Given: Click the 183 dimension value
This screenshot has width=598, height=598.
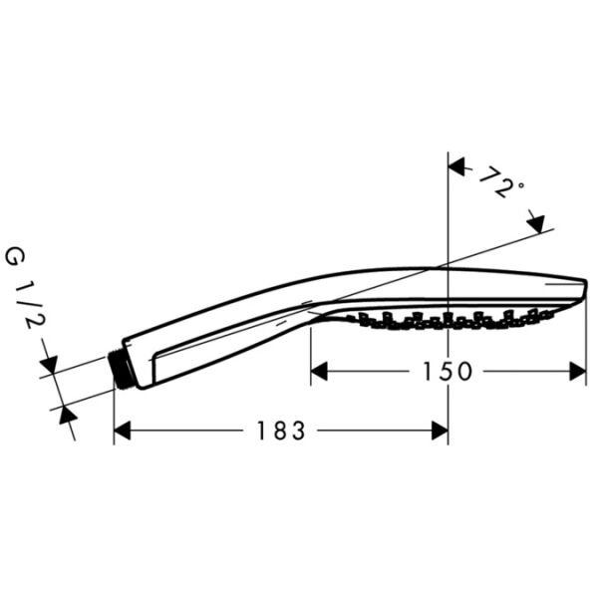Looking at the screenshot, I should point(280,431).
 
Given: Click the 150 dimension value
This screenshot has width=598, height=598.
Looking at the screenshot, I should point(446,372).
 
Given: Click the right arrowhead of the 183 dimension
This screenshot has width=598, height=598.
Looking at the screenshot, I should point(439,431).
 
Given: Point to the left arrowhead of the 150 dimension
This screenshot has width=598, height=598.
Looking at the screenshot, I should point(320,372).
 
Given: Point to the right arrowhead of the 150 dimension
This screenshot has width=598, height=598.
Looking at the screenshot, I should point(577,372).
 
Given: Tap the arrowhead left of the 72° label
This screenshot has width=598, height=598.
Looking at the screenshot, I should point(458,167).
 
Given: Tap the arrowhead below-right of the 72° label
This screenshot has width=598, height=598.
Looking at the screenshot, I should point(535,221).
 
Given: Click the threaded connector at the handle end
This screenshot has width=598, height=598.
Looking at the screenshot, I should point(123,368).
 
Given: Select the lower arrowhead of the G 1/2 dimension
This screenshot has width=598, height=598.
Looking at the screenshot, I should point(67,415).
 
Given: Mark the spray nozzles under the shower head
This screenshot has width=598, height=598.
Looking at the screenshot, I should point(448,319).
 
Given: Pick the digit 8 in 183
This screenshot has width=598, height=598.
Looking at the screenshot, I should point(280,431).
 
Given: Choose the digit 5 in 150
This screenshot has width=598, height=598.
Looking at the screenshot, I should point(446,372).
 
